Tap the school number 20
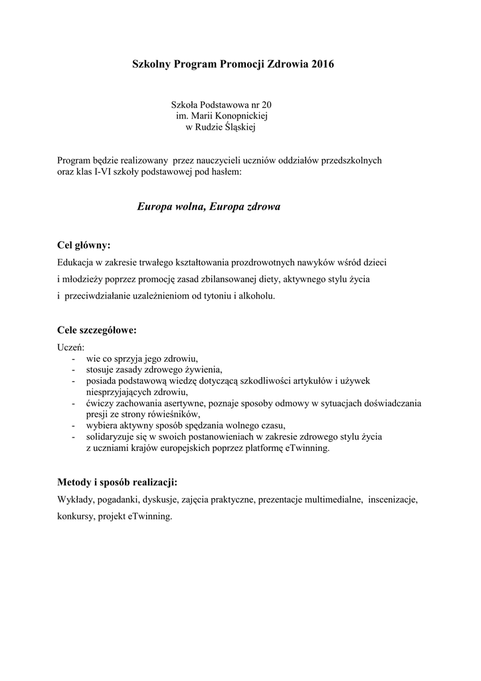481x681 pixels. click(266, 105)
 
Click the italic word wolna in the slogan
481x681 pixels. click(188, 207)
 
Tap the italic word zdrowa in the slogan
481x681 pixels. click(260, 207)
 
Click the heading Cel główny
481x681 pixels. click(84, 245)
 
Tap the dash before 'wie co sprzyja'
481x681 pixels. click(72, 359)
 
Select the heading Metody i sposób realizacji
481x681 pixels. click(118, 481)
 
